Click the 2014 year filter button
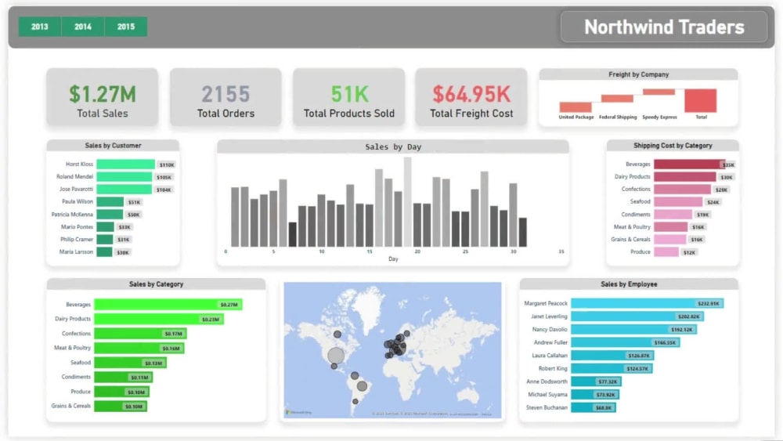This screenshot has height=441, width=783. tap(83, 27)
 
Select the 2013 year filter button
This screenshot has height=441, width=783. tap(39, 27)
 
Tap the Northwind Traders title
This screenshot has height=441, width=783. tap(664, 27)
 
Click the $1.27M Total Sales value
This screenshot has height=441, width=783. tap(102, 94)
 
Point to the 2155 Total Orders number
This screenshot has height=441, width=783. tap(226, 94)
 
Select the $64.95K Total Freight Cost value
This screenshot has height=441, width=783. tap(471, 94)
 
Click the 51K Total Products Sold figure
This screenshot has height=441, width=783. tap(348, 94)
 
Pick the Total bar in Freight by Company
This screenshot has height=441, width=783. tap(700, 100)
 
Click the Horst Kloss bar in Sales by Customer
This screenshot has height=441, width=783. tap(125, 164)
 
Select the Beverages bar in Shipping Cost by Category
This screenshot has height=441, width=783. tap(687, 164)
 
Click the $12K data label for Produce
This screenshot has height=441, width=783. tap(689, 252)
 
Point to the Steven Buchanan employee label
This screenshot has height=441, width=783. tap(547, 407)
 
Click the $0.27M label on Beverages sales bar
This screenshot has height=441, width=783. tap(229, 305)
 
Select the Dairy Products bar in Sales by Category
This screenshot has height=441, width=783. tap(157, 319)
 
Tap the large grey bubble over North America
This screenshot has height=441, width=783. tap(336, 356)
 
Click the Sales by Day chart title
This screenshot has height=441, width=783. tap(393, 146)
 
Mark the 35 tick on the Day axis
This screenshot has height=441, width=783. tap(561, 251)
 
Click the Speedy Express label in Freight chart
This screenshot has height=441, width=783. tap(659, 117)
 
